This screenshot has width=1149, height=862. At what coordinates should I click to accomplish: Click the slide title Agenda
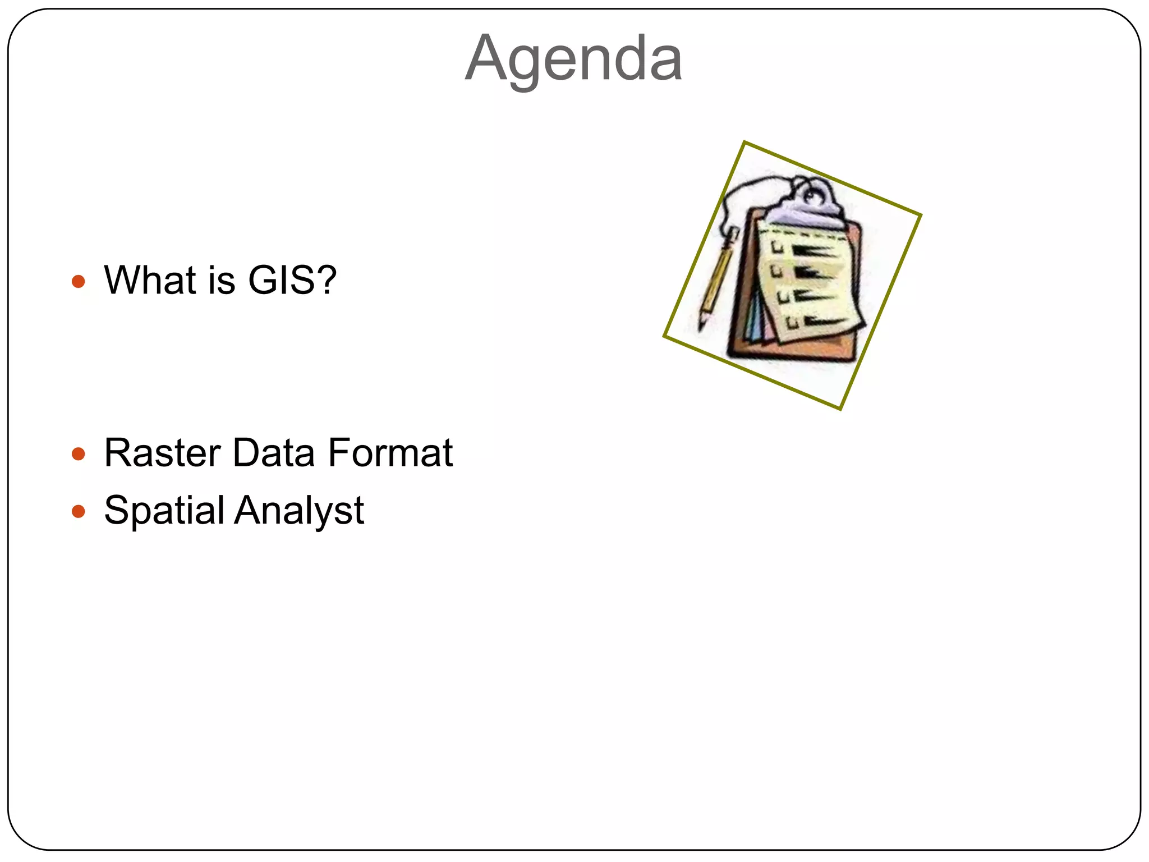point(573,58)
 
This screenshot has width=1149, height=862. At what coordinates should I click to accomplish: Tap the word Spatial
point(164,511)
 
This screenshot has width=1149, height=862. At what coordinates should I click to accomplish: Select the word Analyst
point(300,511)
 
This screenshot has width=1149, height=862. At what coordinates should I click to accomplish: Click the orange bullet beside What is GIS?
point(79,281)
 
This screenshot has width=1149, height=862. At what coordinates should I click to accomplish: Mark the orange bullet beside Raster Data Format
point(79,453)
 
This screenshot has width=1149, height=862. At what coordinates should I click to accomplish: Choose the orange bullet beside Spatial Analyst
point(79,511)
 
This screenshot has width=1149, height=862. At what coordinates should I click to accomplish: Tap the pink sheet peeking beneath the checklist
point(766,331)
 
